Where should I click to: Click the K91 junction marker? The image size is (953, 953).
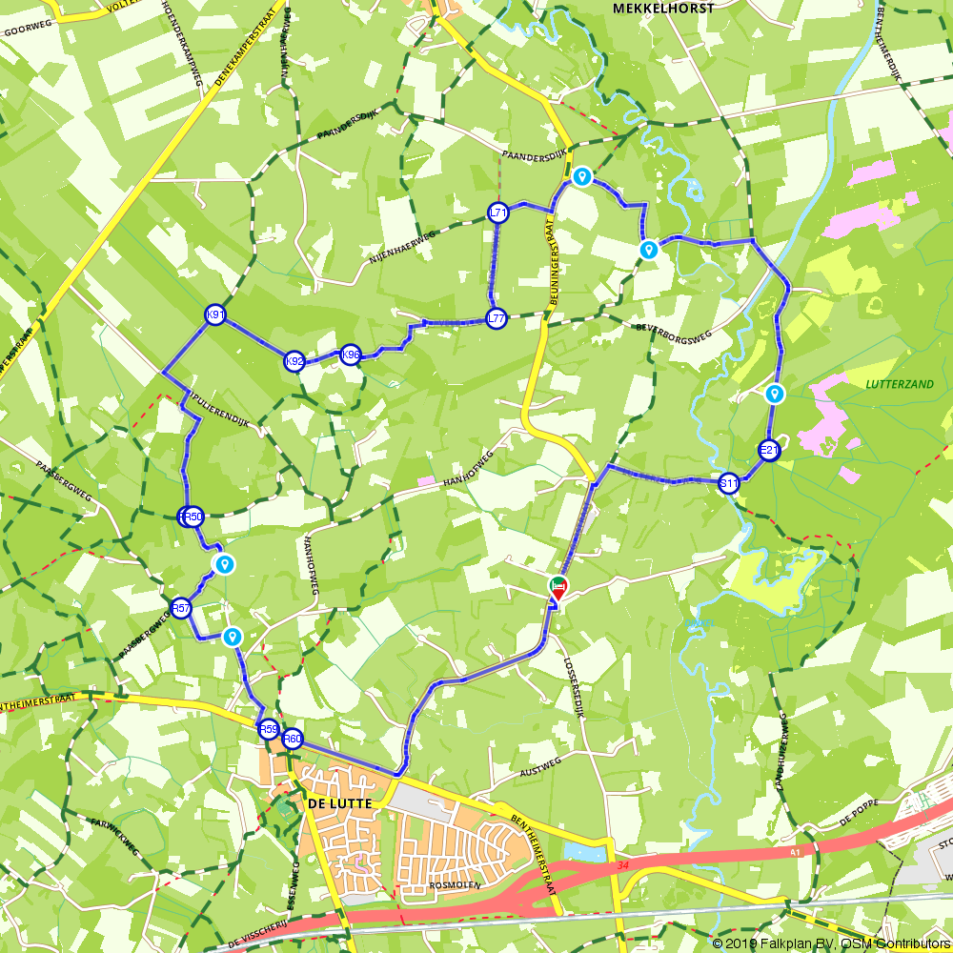214,315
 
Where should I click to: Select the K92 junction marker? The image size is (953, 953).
294,361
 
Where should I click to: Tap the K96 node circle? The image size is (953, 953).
350,355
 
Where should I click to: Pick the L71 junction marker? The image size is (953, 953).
497,213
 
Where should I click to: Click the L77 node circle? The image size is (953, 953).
496,319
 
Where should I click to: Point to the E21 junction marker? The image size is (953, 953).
769,451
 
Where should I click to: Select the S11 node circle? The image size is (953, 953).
729,484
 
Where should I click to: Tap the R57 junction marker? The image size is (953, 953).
181,608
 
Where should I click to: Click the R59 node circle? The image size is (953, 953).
269,730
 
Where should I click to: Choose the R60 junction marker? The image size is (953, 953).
293,739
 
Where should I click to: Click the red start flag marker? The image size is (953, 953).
558,588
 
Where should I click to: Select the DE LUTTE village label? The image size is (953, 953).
338,804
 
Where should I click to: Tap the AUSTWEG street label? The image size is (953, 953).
539,766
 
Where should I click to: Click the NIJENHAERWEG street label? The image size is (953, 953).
402,248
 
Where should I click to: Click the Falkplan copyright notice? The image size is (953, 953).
830,943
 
